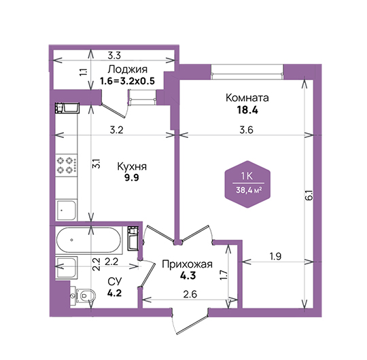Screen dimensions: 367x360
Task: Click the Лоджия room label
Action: (128, 69)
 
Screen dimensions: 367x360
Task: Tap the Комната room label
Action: (247, 98)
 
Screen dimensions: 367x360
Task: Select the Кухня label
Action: (132, 167)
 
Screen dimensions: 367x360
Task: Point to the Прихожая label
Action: (188, 264)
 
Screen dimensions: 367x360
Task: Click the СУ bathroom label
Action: (115, 282)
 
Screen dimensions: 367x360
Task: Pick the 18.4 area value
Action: (247, 110)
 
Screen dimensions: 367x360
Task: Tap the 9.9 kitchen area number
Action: (132, 178)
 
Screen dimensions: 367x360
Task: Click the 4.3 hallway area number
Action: (188, 276)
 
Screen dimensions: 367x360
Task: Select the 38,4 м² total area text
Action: (249, 190)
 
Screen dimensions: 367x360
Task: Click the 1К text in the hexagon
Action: (247, 176)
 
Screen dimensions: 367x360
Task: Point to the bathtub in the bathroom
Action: (89, 240)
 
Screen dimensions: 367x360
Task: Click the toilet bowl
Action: (84, 295)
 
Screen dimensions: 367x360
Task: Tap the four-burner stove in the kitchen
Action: (67, 165)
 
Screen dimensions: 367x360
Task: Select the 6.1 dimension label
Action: (309, 196)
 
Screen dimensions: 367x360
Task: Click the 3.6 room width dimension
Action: (247, 130)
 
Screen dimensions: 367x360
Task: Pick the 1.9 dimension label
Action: (275, 256)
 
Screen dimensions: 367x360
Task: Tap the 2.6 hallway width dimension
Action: (190, 294)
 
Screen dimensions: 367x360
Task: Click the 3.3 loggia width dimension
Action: (114, 56)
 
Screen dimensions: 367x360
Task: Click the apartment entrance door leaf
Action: (192, 325)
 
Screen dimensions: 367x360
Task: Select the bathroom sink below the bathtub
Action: (67, 268)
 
